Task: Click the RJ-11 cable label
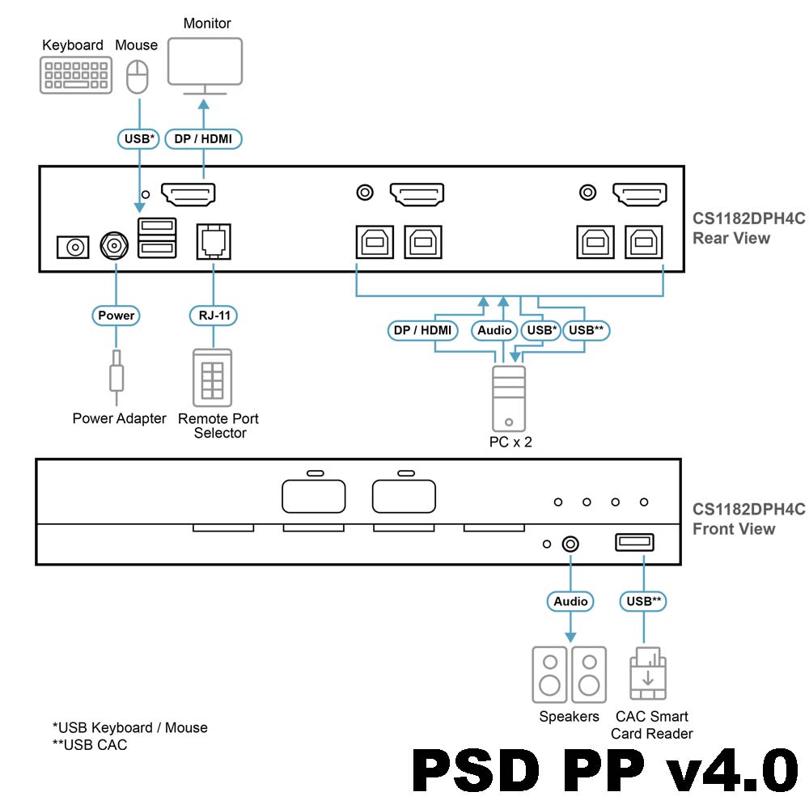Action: click(x=213, y=315)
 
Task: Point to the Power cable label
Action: click(x=116, y=315)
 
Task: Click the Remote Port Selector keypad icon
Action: click(x=212, y=377)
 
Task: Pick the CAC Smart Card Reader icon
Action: click(x=648, y=674)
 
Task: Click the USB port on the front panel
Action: click(x=635, y=543)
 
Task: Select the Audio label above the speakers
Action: click(x=570, y=601)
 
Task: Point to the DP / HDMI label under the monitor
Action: click(x=203, y=139)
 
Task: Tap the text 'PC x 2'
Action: click(x=510, y=443)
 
